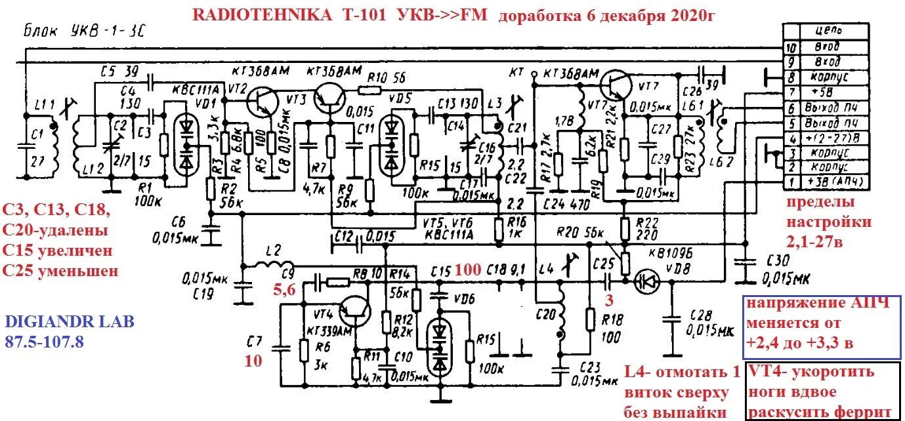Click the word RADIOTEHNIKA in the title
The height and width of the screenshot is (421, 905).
pyautogui.click(x=262, y=16)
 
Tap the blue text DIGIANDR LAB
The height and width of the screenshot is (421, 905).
pyautogui.click(x=69, y=321)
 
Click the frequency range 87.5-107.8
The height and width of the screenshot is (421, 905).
pyautogui.click(x=45, y=341)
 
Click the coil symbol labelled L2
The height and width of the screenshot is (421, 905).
pyautogui.click(x=270, y=266)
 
